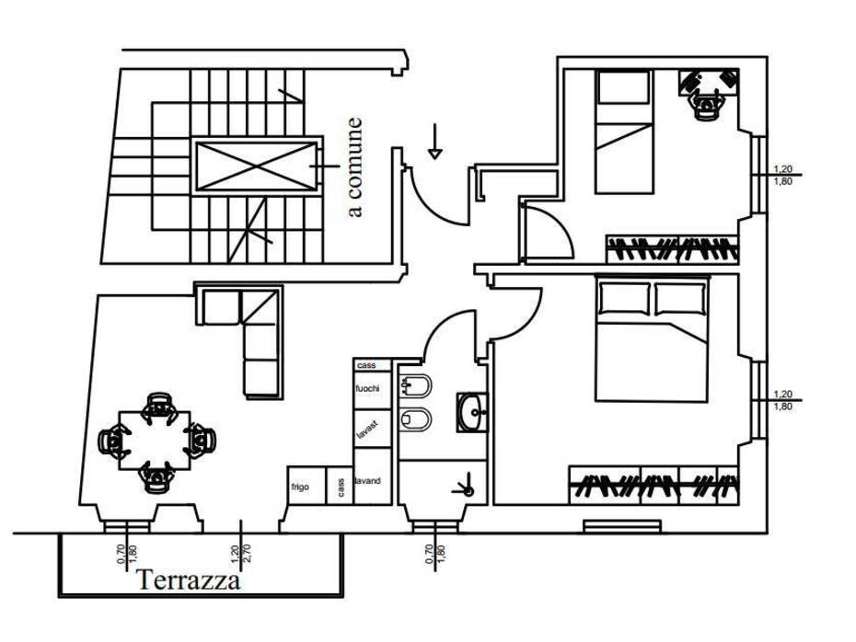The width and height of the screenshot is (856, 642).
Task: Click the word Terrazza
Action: coord(189,579)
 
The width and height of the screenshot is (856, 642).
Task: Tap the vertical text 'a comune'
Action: coord(354,166)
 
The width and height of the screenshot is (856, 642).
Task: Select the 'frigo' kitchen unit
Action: coord(307,486)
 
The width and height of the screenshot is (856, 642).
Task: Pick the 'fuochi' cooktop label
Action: coord(367,389)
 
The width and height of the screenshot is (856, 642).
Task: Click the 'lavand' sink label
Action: coord(367,481)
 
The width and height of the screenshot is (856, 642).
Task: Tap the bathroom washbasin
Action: coord(471,412)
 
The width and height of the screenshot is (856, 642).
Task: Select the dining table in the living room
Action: coord(155,441)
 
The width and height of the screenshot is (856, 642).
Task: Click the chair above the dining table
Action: coord(159,406)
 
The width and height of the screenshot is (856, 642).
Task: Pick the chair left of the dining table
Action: coord(113,441)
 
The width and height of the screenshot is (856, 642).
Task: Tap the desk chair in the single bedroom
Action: coord(706,105)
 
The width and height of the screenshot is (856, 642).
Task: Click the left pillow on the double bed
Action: coord(625,298)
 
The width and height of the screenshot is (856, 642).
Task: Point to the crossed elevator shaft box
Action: coord(256,166)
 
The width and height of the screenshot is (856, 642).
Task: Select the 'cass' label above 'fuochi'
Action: coord(365,365)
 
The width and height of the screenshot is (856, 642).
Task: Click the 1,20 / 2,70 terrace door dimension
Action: coord(241,555)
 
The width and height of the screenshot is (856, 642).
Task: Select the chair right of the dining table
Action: coord(200,441)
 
